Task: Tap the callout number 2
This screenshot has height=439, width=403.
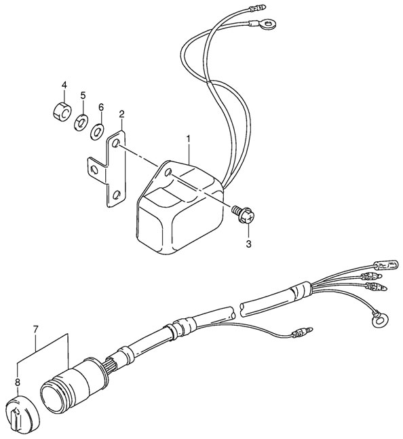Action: coord(121,113)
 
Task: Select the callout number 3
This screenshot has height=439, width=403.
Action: coord(248,243)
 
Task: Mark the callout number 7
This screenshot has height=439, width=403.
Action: coord(36,330)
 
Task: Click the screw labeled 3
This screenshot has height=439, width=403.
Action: coord(243,215)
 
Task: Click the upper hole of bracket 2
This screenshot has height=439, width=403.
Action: coord(117,144)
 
